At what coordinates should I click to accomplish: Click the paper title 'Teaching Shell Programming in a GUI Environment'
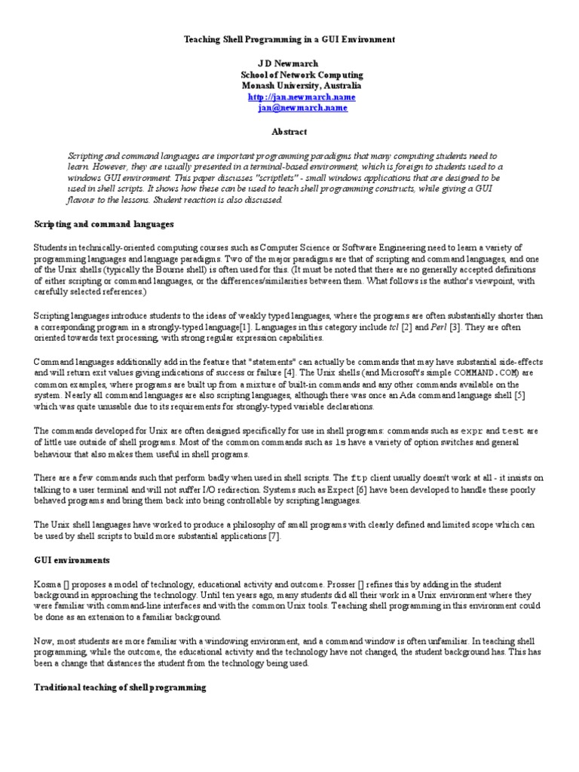tap(289, 38)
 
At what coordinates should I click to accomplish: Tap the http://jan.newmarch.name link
tap(290, 97)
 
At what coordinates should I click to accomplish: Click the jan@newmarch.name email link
tap(291, 108)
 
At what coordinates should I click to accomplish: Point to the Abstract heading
tap(289, 131)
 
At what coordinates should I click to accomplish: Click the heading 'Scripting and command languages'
tap(104, 224)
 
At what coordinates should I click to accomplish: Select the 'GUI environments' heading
tap(72, 560)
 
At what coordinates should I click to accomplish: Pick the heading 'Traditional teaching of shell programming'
tap(120, 688)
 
